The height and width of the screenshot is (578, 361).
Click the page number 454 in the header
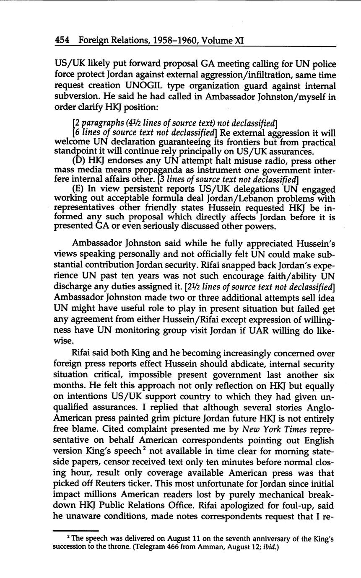[62, 41]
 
